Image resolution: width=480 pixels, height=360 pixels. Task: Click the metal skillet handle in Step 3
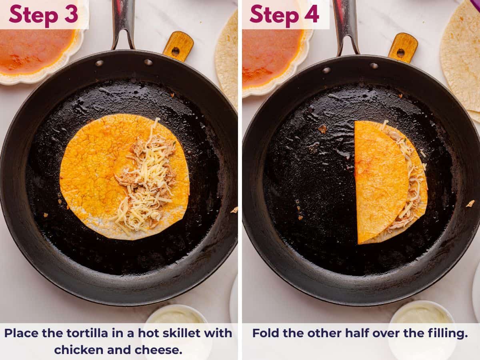coord(123,22)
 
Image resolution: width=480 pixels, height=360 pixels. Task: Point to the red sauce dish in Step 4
coord(272,56)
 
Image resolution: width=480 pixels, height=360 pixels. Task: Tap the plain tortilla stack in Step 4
coord(462,56)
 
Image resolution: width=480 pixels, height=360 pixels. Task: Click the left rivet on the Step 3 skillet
coord(99,63)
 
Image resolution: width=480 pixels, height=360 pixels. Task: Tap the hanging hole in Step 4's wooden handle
coord(400,53)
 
